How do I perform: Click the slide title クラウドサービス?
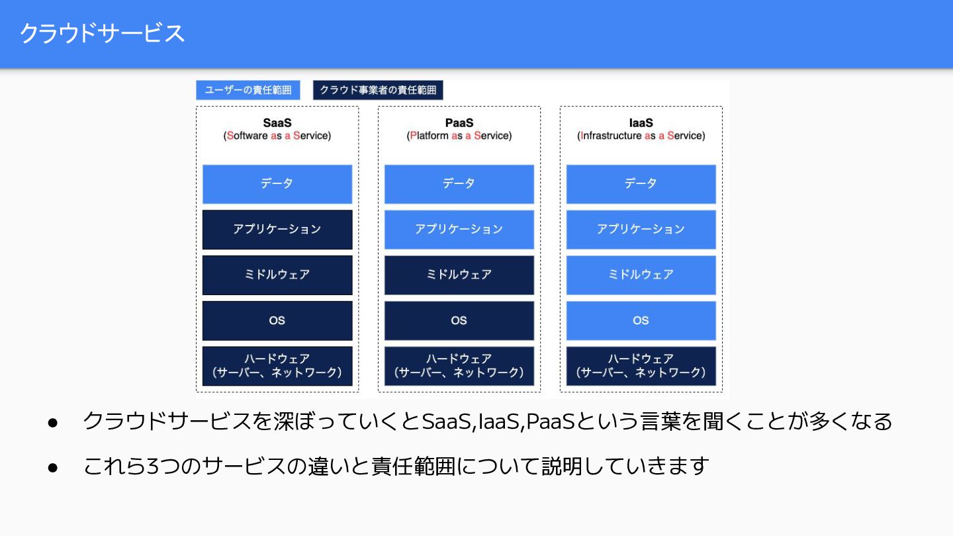102,33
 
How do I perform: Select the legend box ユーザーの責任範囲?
248,90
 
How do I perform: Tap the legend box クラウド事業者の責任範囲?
378,90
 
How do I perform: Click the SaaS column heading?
277,123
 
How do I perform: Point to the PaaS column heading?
459,123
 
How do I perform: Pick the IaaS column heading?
641,123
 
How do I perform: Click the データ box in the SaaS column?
277,184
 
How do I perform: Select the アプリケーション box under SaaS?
277,230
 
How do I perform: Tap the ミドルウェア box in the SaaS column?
277,275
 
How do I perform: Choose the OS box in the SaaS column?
277,320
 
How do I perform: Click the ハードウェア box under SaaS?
277,366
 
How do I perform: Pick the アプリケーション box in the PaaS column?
459,230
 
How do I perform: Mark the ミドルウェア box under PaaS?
459,275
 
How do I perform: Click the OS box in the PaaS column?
459,320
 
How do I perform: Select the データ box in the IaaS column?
641,184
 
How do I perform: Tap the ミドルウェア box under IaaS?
641,275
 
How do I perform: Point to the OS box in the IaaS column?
641,320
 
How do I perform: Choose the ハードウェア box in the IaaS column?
641,366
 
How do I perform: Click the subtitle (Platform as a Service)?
459,136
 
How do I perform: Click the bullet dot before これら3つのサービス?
54,467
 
